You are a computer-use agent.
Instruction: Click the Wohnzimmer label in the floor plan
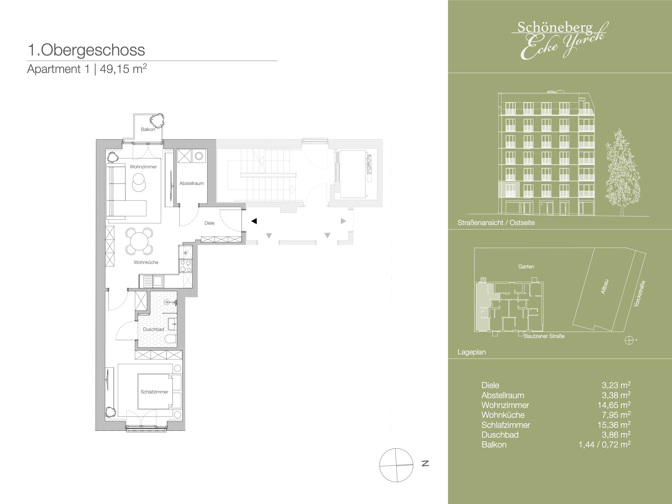tap(143, 167)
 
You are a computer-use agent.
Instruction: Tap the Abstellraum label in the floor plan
tap(191, 184)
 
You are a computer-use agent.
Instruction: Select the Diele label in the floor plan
tap(209, 223)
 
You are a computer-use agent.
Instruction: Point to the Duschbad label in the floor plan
tap(153, 329)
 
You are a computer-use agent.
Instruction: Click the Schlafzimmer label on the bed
tap(154, 392)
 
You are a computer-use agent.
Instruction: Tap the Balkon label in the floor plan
tap(148, 130)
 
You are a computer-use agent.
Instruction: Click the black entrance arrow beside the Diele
tap(254, 221)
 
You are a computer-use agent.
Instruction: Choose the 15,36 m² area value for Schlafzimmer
tap(614, 424)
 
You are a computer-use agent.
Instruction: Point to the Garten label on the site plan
tap(526, 267)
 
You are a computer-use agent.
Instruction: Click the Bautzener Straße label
tap(544, 336)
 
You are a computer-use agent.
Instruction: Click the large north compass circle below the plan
tap(396, 465)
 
